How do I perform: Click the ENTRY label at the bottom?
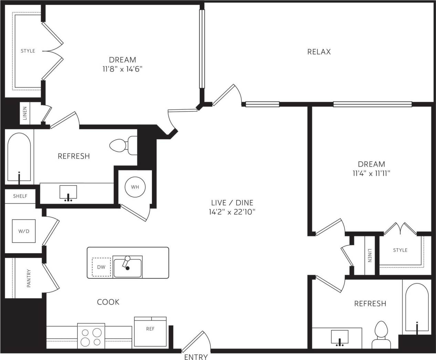coord(196,357)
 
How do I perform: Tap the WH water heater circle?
coord(135,187)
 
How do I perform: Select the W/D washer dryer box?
coord(24,231)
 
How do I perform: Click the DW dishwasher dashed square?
coord(101,267)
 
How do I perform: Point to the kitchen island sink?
coord(127,267)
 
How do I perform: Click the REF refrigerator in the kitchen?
coord(150,331)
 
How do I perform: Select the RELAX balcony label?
coord(319,52)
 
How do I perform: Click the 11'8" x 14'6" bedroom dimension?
coord(122,69)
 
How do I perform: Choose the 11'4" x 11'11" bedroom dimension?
coord(371,173)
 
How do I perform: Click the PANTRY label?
coord(29,278)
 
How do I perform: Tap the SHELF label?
coord(20,196)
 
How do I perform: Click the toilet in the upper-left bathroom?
coord(122,146)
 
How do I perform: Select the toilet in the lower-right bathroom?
coord(381,335)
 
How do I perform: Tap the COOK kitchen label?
coord(108,302)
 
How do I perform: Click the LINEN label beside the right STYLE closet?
coord(370,255)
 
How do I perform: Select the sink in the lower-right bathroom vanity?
coord(340,337)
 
